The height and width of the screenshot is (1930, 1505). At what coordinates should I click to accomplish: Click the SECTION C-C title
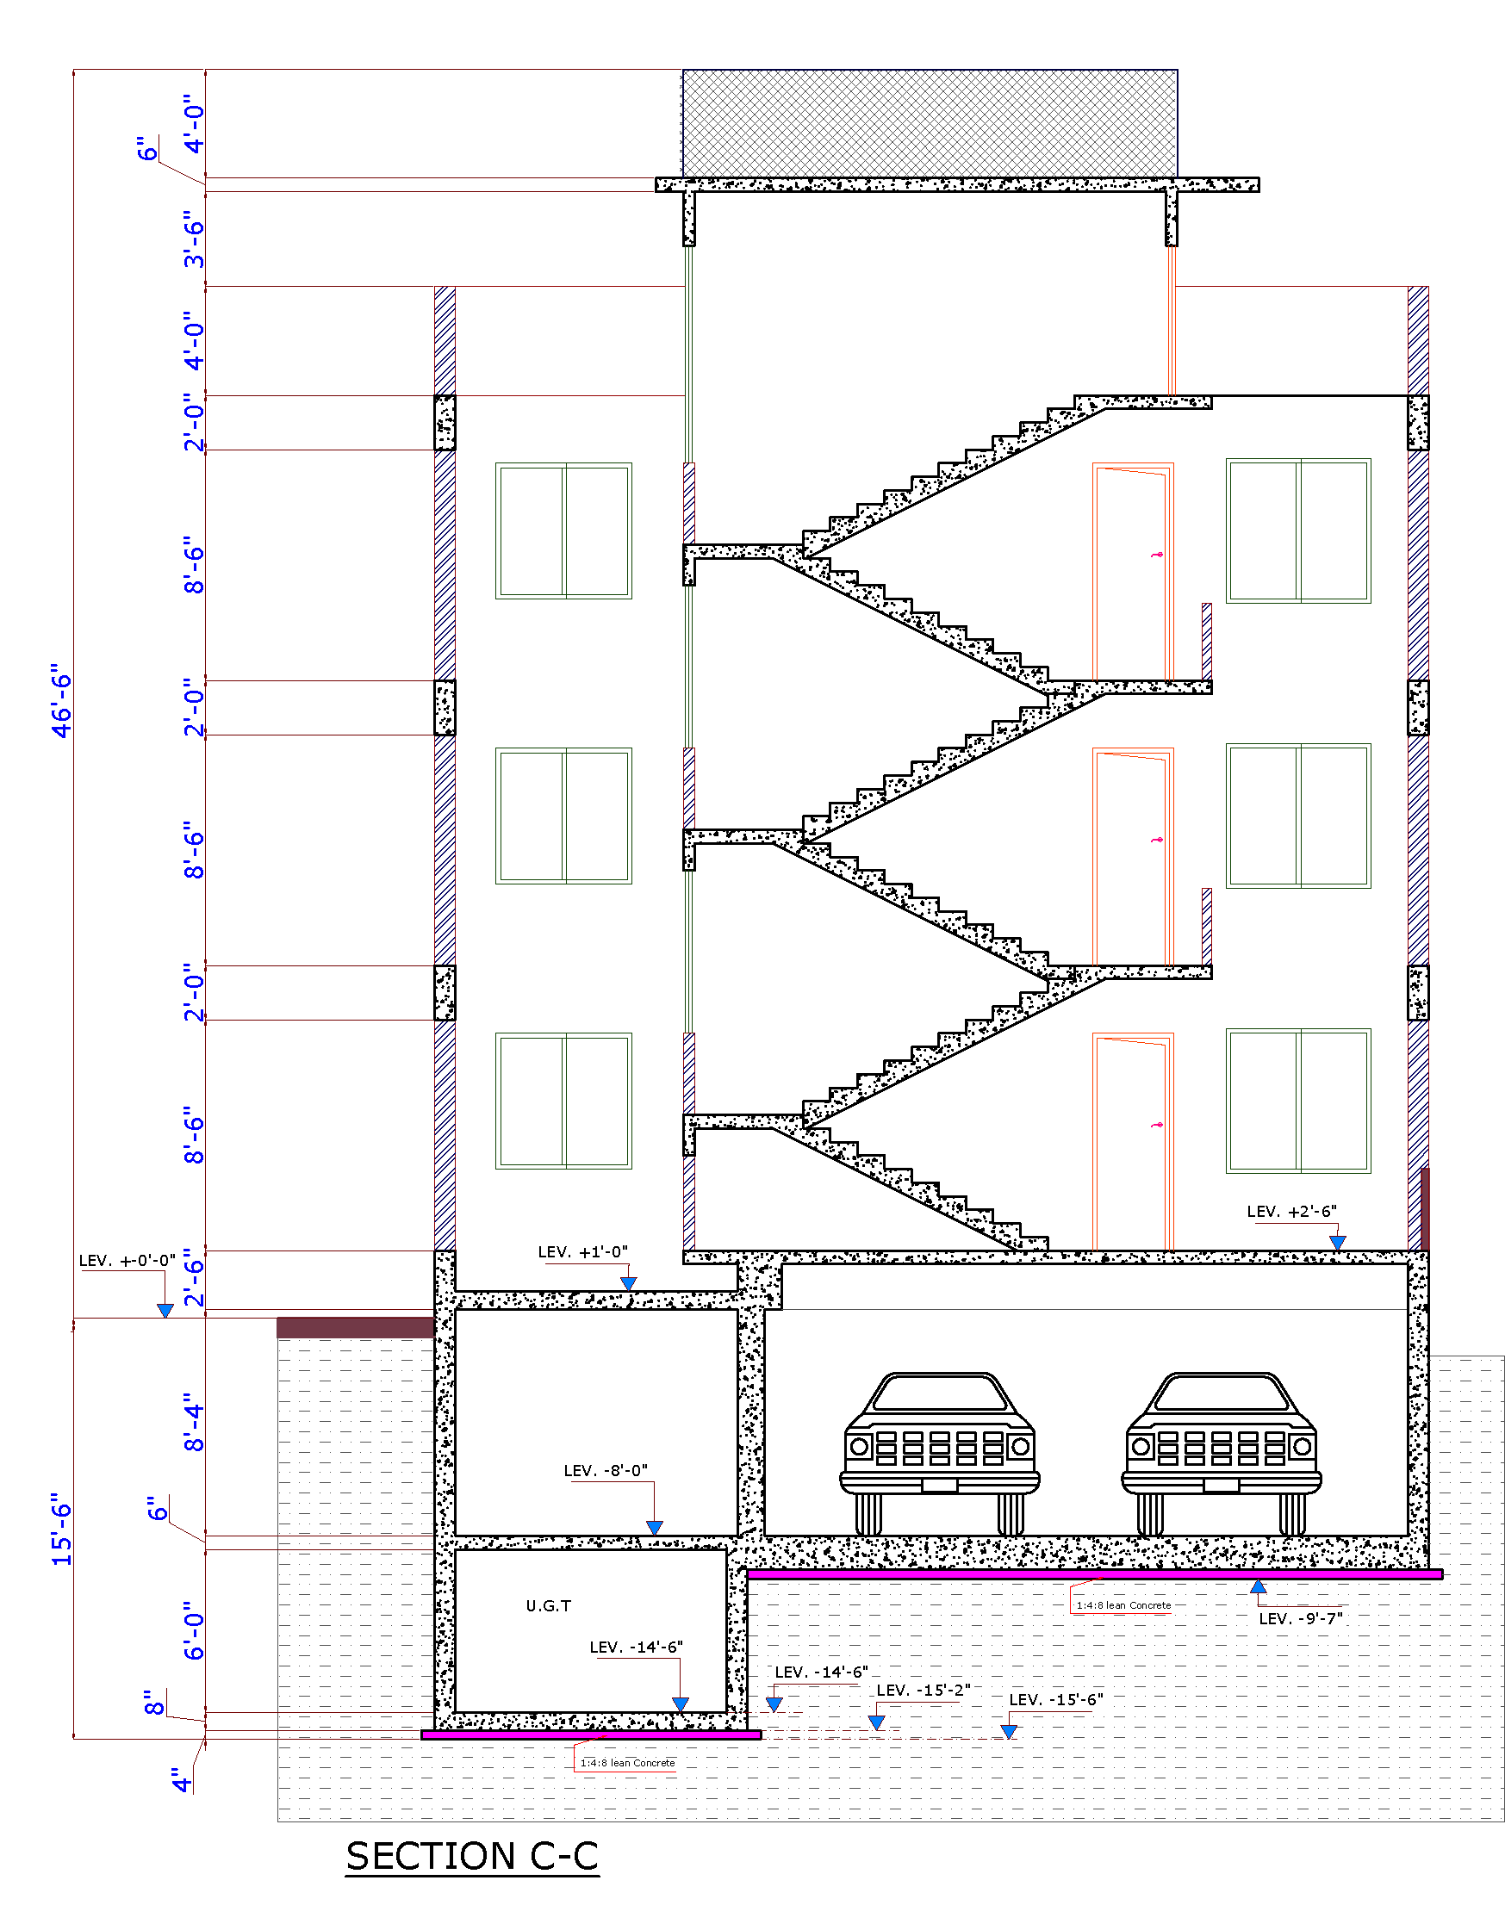[x=472, y=1856]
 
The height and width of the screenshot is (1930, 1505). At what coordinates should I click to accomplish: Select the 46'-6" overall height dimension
[x=61, y=700]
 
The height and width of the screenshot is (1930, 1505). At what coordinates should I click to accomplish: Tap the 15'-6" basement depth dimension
[x=61, y=1530]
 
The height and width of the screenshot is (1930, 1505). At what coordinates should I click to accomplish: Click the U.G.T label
[x=548, y=1605]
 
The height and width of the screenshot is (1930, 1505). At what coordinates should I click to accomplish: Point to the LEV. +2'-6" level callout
[x=1291, y=1212]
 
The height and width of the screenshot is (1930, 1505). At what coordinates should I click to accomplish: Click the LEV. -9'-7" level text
[x=1300, y=1619]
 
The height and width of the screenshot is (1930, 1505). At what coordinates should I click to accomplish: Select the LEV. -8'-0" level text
[x=606, y=1470]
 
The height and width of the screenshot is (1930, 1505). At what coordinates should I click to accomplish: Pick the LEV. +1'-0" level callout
[x=582, y=1252]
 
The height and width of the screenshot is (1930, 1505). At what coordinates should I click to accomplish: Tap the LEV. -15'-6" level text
[x=1056, y=1699]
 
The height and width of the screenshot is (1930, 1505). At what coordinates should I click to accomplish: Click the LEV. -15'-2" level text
[x=923, y=1690]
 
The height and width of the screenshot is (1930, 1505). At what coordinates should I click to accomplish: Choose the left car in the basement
[x=939, y=1453]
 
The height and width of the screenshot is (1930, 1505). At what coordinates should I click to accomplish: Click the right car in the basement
[x=1222, y=1453]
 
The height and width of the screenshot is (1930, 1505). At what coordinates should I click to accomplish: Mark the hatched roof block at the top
[x=930, y=124]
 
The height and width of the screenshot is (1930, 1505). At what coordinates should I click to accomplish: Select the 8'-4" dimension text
[x=194, y=1423]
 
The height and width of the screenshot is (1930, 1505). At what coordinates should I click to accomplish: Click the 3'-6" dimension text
[x=194, y=239]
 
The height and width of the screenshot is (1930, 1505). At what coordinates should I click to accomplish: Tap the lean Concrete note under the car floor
[x=1123, y=1605]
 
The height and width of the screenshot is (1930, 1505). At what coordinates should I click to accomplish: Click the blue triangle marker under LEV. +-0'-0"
[x=165, y=1311]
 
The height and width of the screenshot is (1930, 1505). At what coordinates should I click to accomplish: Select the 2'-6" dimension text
[x=194, y=1278]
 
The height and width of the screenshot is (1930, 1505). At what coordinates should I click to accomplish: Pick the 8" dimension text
[x=153, y=1703]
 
